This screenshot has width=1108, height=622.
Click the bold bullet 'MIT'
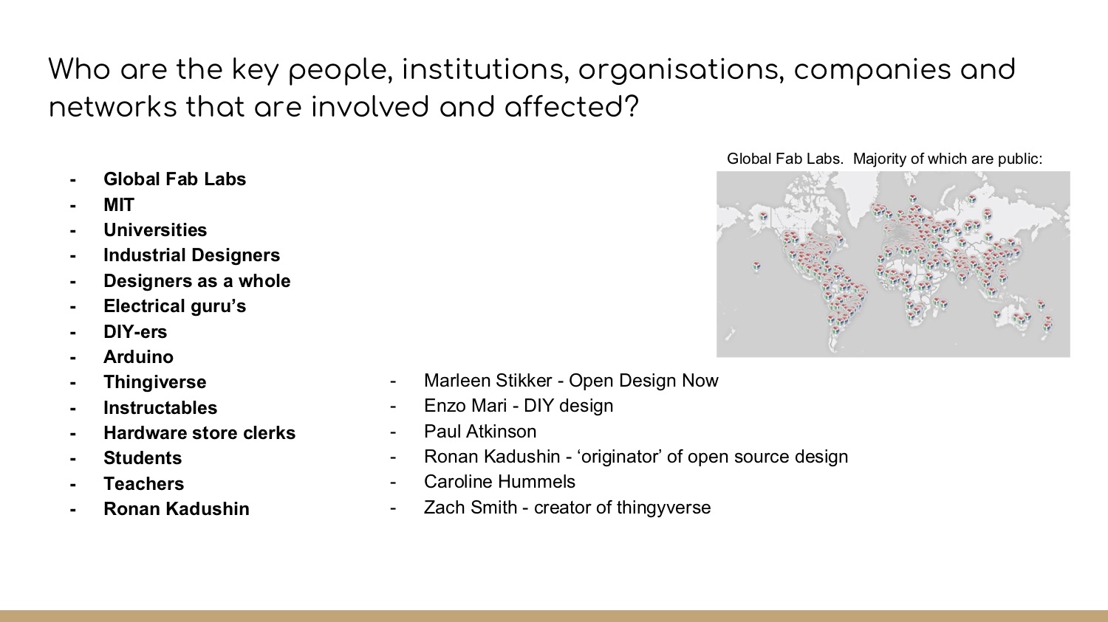click(x=119, y=204)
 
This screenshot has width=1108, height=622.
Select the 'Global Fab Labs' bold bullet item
click(x=174, y=179)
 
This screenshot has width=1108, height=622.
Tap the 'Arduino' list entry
click(x=139, y=356)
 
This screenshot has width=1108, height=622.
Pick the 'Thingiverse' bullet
click(x=155, y=382)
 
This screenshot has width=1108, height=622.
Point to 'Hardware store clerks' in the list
click(x=199, y=433)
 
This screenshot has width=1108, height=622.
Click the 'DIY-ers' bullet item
click(x=135, y=331)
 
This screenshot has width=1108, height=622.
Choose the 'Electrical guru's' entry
click(x=174, y=305)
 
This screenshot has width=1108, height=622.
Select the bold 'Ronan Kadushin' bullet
click(x=176, y=509)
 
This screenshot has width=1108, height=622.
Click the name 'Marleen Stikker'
click(x=488, y=381)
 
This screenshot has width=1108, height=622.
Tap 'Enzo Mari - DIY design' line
click(x=519, y=406)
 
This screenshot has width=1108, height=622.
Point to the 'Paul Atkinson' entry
click(x=480, y=432)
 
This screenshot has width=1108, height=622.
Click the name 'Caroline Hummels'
click(x=499, y=482)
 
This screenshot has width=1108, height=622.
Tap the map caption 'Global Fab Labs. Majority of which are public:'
click(x=884, y=159)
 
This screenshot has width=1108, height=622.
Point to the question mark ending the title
click(x=631, y=107)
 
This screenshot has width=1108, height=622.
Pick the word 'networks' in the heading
click(x=112, y=107)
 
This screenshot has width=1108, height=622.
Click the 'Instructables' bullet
click(x=160, y=407)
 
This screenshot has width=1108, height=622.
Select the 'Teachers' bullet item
click(x=143, y=484)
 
